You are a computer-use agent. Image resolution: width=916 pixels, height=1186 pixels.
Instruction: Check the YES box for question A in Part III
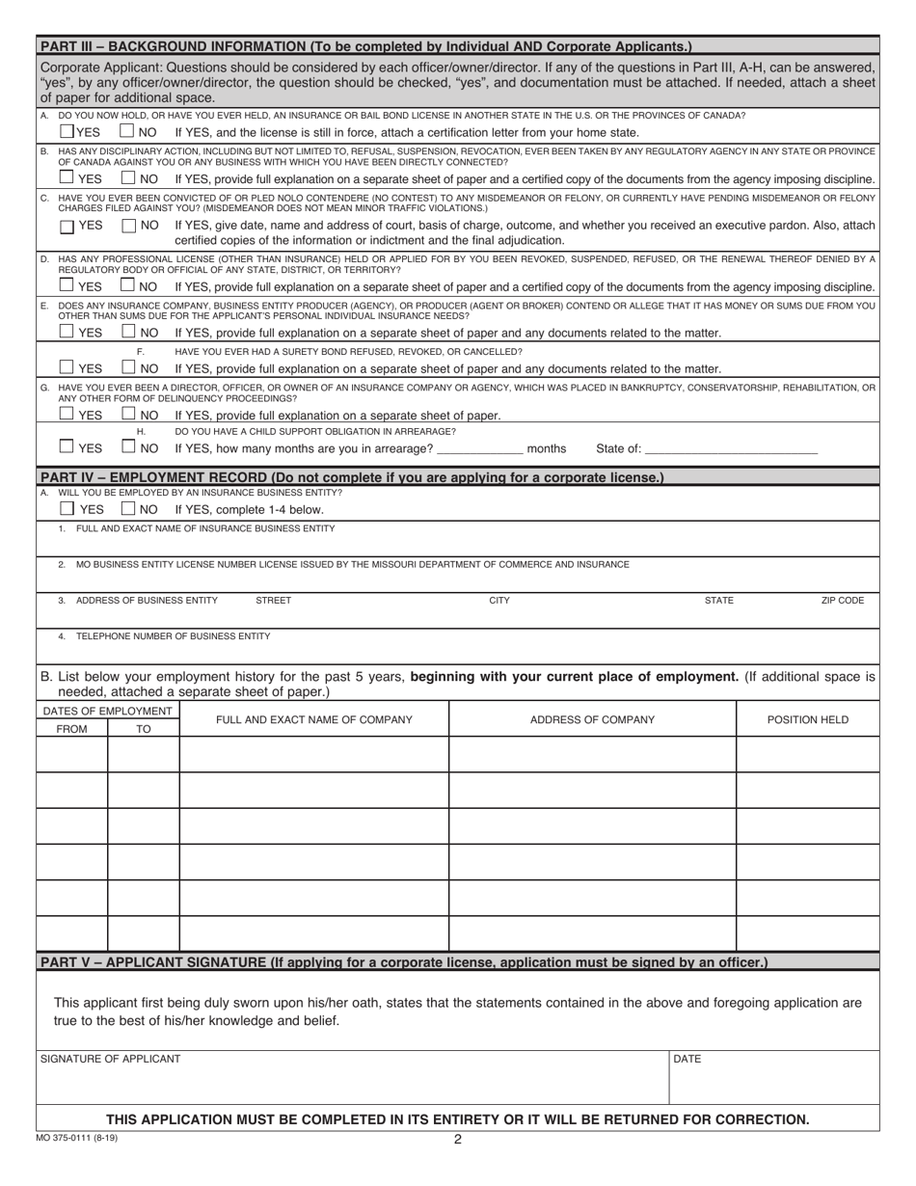67,131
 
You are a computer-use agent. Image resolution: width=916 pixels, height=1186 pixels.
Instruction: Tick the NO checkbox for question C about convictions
130,226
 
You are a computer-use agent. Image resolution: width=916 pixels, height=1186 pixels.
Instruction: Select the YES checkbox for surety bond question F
67,367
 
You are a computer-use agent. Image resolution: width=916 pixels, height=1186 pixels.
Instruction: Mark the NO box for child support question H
129,446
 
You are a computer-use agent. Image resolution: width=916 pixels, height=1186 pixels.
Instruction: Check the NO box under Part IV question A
129,508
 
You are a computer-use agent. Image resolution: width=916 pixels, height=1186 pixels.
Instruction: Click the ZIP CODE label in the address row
842,601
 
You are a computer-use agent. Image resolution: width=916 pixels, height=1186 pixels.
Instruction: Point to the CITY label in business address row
499,601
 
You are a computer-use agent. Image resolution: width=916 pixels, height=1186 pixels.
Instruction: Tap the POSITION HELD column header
808,719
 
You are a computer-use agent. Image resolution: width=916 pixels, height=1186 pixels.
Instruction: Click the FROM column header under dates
71,729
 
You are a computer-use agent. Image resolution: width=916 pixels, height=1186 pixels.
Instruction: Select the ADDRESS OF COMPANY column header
592,719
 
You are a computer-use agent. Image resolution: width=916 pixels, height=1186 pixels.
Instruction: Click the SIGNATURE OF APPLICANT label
110,1059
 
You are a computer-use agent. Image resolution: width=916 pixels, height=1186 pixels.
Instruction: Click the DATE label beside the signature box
687,1059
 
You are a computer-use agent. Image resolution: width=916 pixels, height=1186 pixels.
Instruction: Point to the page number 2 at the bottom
458,1139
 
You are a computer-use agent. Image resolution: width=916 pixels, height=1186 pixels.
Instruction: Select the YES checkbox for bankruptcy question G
67,415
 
